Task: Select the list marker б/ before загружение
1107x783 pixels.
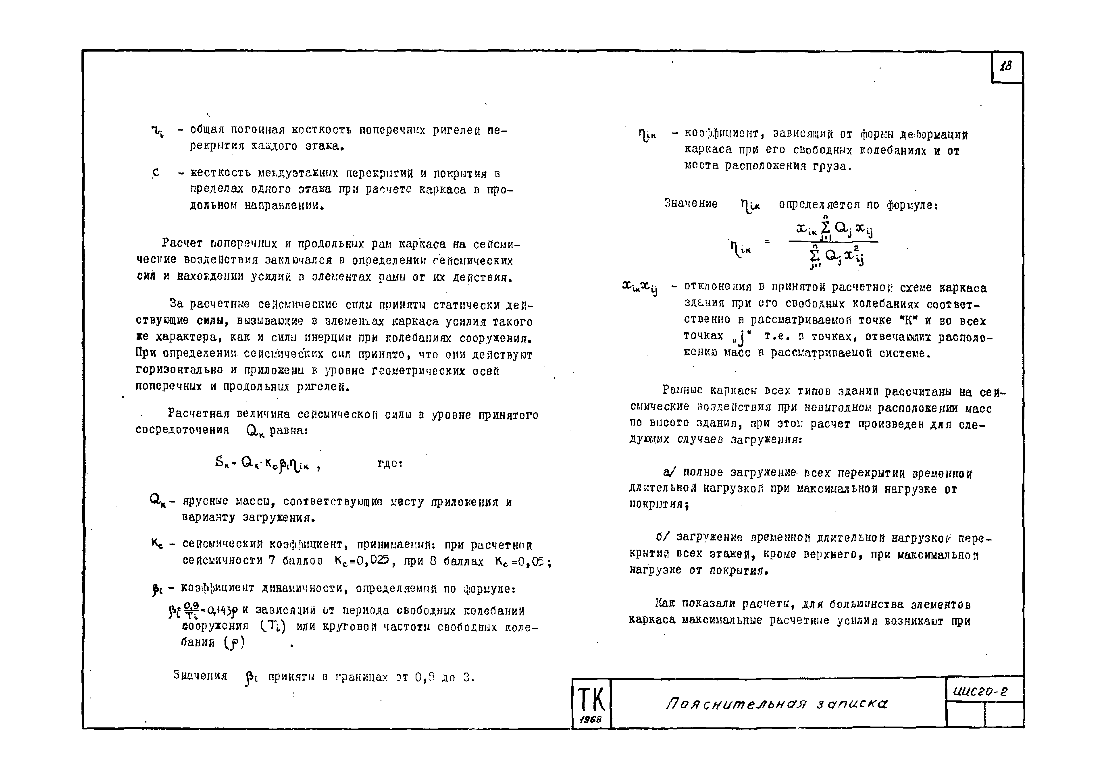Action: click(662, 537)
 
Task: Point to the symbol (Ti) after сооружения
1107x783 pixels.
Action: click(273, 627)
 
